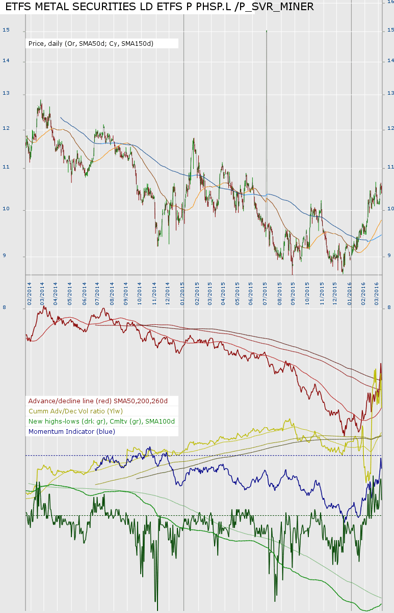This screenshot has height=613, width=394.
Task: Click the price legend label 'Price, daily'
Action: pyautogui.click(x=89, y=44)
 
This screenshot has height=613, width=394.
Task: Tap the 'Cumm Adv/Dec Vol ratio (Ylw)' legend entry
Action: pyautogui.click(x=76, y=411)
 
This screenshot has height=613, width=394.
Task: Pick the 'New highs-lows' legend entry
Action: pyautogui.click(x=101, y=421)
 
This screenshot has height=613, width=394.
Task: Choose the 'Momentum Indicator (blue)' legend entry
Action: pyautogui.click(x=72, y=431)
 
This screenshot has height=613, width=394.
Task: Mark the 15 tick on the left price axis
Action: pyautogui.click(x=6, y=30)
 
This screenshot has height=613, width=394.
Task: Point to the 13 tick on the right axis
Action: pyautogui.click(x=390, y=93)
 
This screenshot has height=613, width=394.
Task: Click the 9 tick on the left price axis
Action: pyautogui.click(x=5, y=256)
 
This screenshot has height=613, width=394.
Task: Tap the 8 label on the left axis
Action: pyautogui.click(x=5, y=308)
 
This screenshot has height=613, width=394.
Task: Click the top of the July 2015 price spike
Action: pyautogui.click(x=267, y=31)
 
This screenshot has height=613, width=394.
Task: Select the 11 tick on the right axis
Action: pyautogui.click(x=390, y=167)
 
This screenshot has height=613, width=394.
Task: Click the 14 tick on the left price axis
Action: pyautogui.click(x=6, y=61)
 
